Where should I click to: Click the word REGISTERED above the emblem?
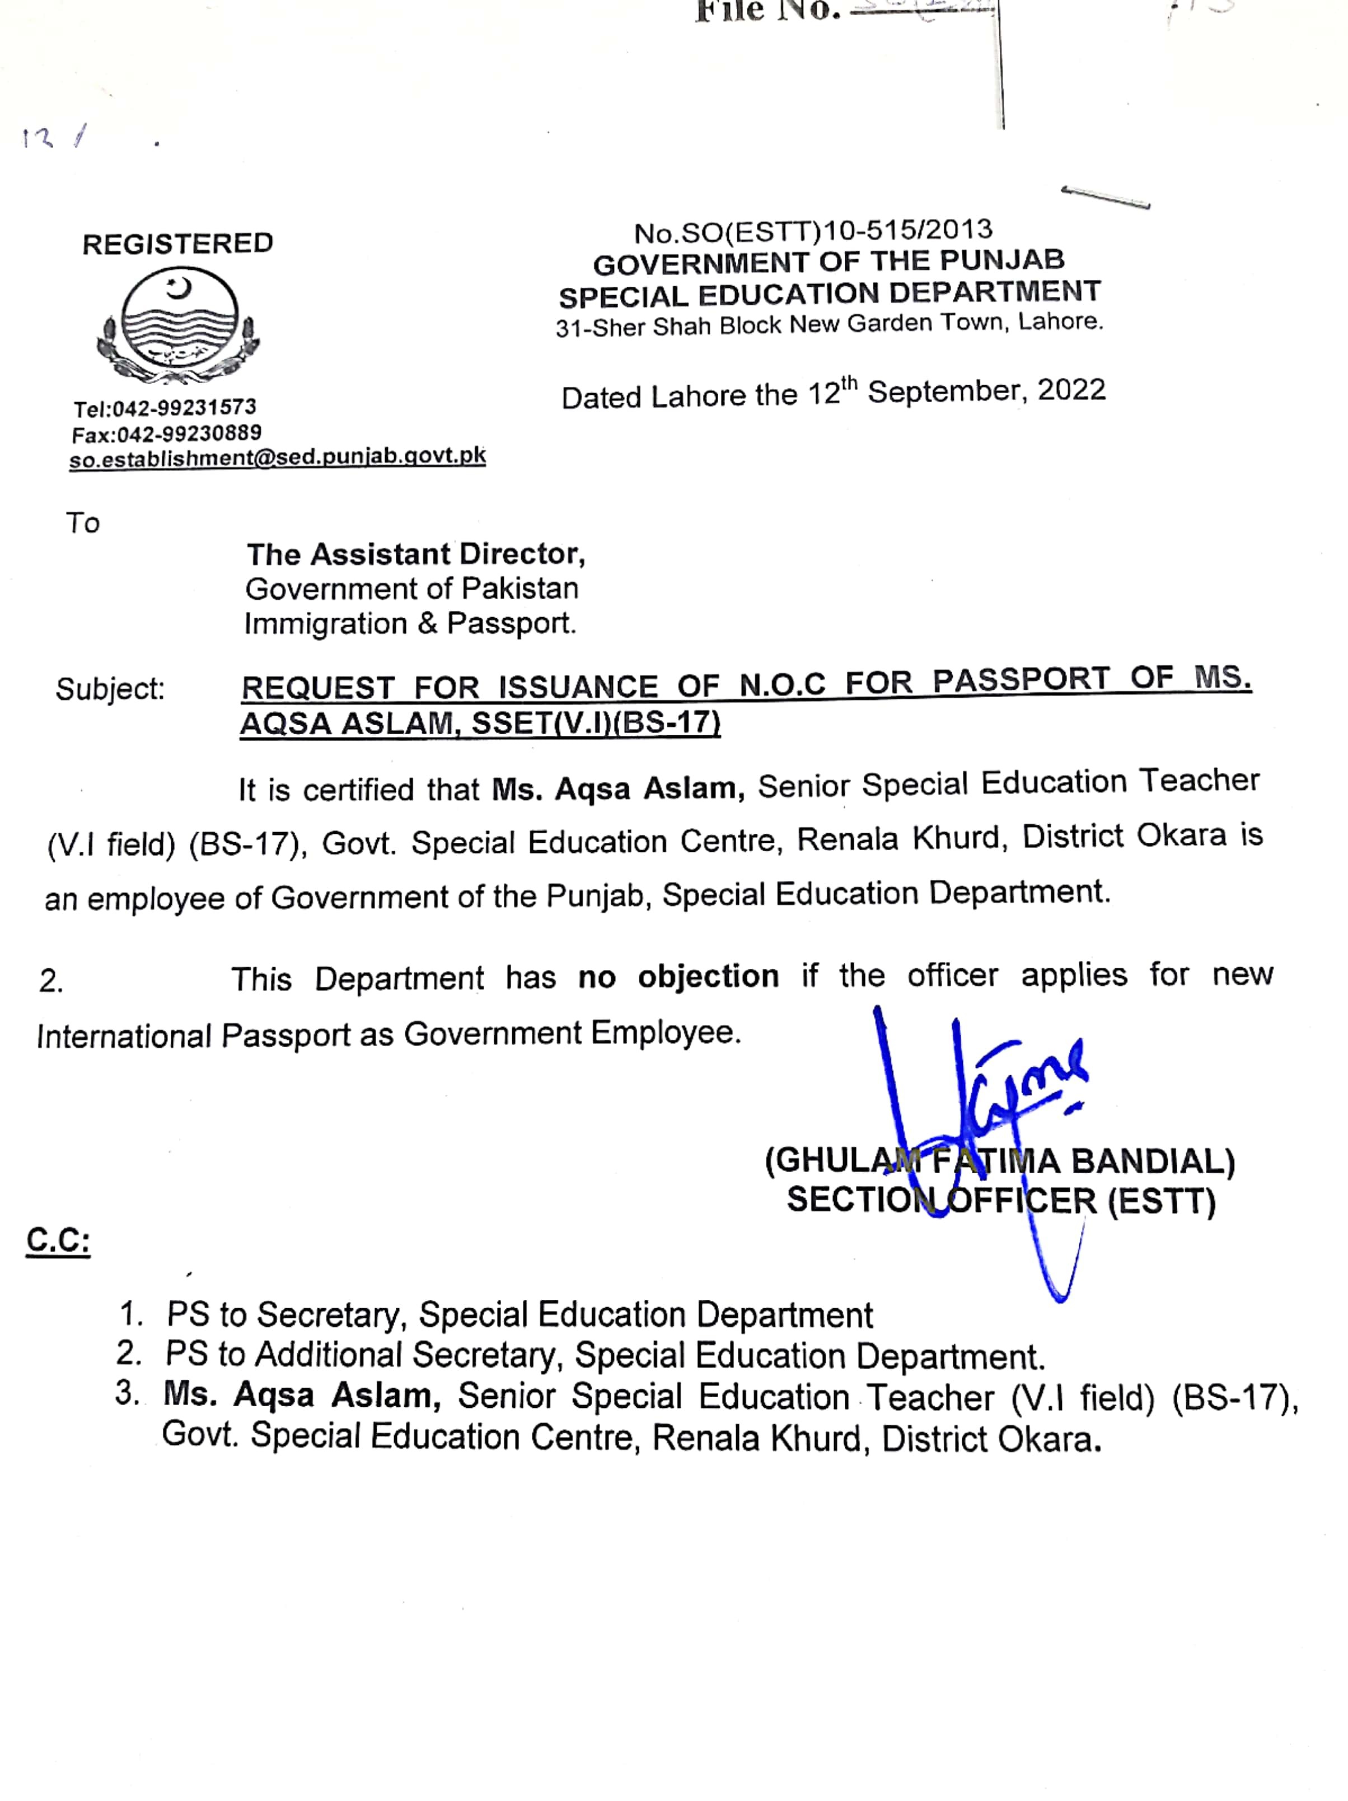[x=177, y=244]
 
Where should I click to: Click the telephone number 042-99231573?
[x=184, y=407]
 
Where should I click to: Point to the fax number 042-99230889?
[x=189, y=433]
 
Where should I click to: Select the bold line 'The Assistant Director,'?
[x=415, y=554]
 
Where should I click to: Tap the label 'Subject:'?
[x=110, y=689]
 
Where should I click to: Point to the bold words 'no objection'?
[x=678, y=976]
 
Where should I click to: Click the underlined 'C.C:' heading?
[x=58, y=1242]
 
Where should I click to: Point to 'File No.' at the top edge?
[x=767, y=11]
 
